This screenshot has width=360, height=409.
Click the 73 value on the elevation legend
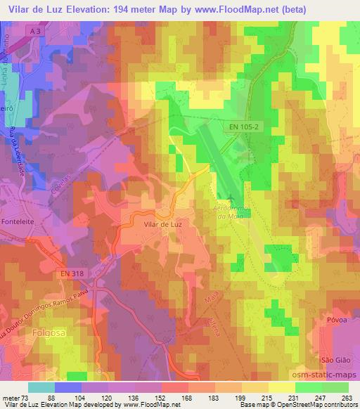click(x=27, y=398)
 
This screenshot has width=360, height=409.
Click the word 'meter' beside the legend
click(x=11, y=398)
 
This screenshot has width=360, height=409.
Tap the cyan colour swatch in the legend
click(x=40, y=387)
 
